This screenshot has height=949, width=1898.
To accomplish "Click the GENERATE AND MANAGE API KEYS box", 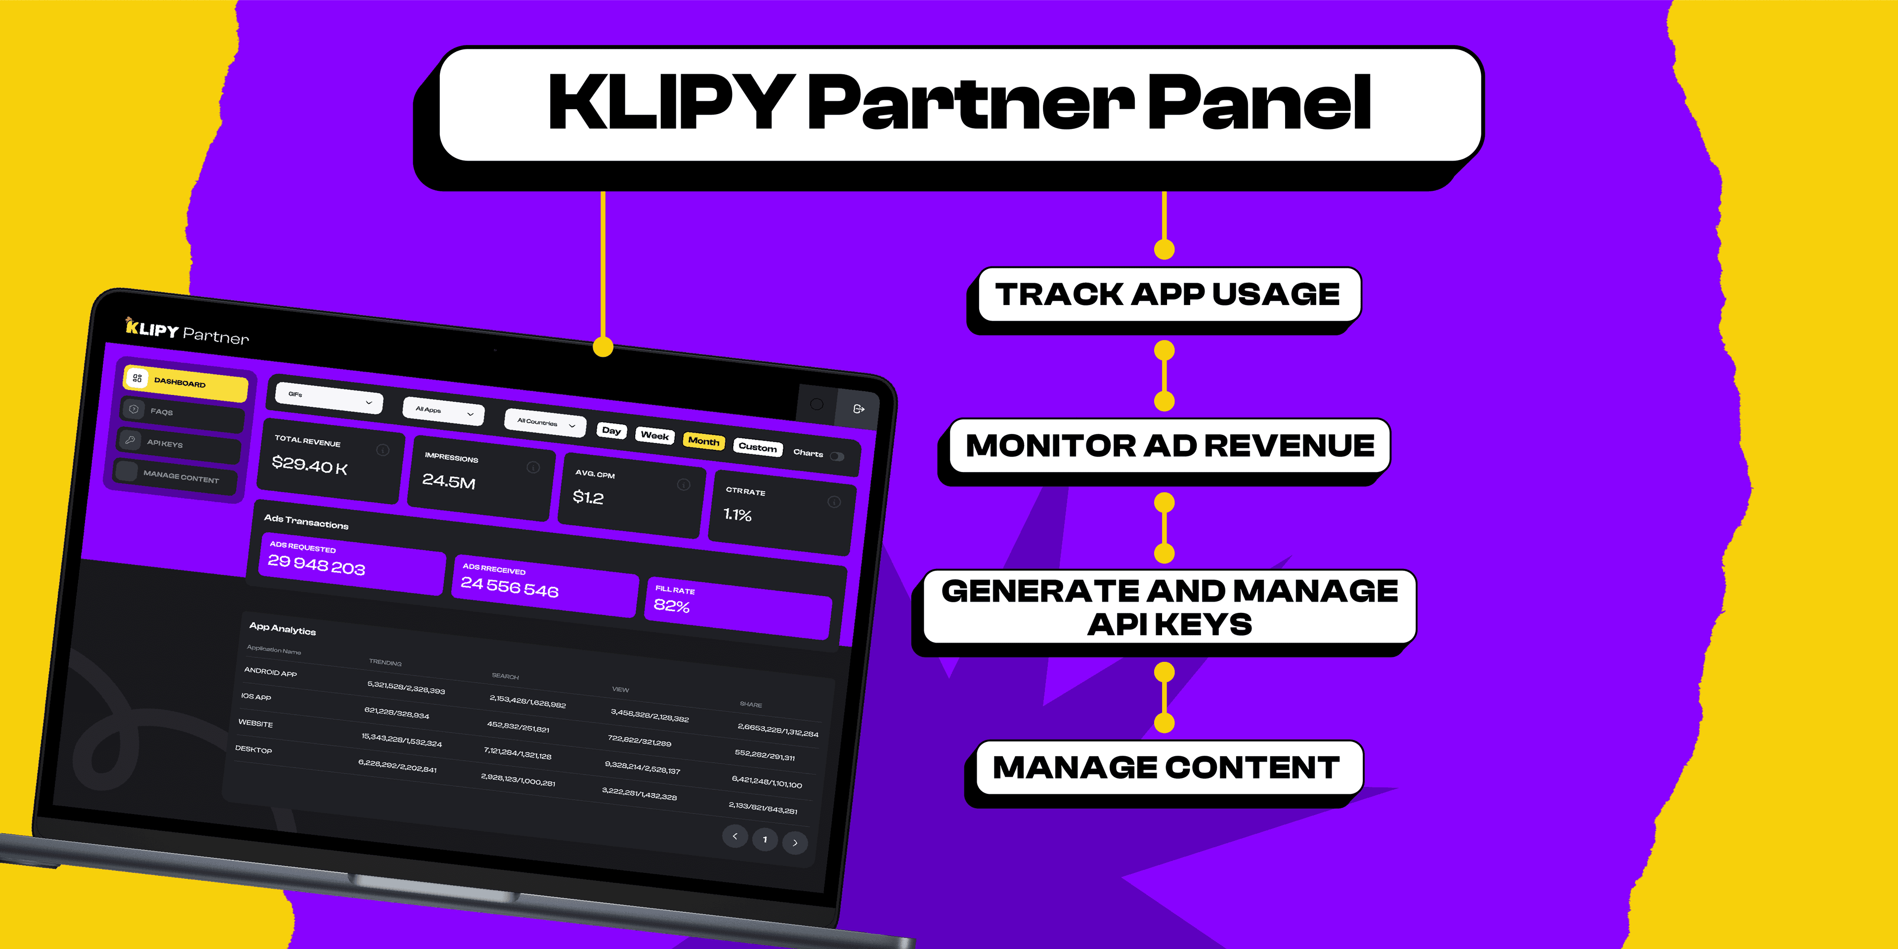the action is tap(1169, 606).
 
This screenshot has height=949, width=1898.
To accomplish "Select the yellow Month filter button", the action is tap(704, 440).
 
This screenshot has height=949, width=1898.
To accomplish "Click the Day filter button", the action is tap(611, 431).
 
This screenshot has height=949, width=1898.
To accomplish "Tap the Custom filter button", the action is tap(757, 446).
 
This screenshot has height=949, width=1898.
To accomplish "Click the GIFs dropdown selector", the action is tap(329, 398).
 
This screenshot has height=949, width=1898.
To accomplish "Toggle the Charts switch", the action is tap(837, 456).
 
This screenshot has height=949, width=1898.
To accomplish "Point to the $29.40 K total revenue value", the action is tap(309, 465).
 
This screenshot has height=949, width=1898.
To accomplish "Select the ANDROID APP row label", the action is tap(270, 672).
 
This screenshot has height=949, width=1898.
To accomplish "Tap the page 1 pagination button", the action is tap(765, 839).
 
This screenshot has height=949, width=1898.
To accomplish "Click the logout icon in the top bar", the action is tap(859, 409).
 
